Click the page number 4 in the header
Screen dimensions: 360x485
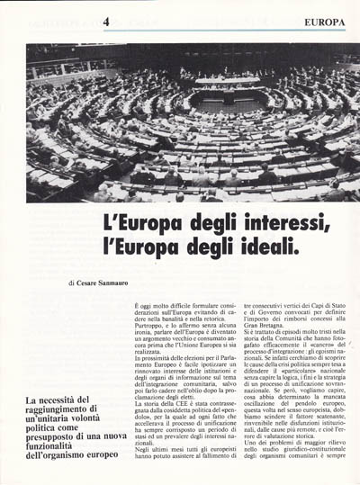pyautogui.click(x=106, y=21)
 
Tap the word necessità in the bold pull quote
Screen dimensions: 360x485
pyautogui.click(x=63, y=400)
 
